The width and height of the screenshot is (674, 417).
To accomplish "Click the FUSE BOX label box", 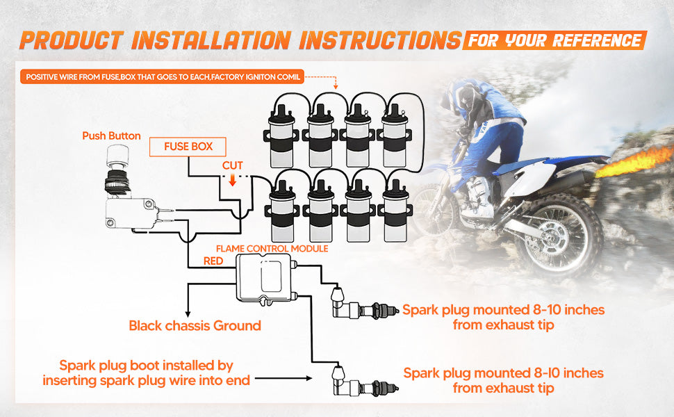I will [188, 147].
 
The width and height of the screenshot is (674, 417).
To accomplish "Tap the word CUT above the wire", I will [232, 166].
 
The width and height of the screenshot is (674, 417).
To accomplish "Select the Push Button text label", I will [111, 136].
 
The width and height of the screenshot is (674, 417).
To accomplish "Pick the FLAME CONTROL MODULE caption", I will [272, 248].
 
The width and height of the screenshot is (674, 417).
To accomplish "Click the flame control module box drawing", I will [265, 277].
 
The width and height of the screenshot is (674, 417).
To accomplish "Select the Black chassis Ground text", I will [195, 325].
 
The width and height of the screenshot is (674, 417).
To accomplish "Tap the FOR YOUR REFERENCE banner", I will [554, 40].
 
